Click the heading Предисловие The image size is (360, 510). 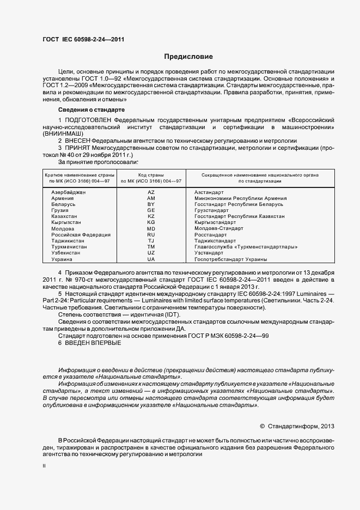pyautogui.click(x=189, y=57)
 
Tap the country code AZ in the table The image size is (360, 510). pyautogui.click(x=151, y=192)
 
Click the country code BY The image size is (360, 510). pyautogui.click(x=151, y=204)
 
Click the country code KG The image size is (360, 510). pyautogui.click(x=151, y=222)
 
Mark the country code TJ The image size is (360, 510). pyautogui.click(x=151, y=241)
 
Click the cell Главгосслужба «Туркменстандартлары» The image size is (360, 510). pyautogui.click(x=246, y=247)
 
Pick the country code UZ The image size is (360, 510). pyautogui.click(x=151, y=253)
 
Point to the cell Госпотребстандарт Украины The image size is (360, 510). pyautogui.click(x=231, y=259)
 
